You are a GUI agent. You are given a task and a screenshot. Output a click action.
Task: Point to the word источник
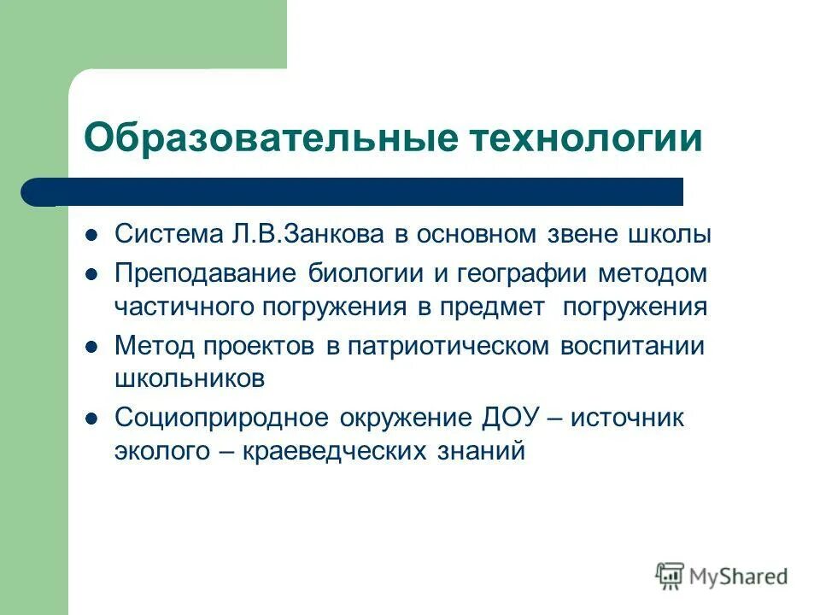pyautogui.click(x=628, y=419)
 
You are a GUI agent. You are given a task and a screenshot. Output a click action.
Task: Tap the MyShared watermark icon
pyautogui.click(x=671, y=576)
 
